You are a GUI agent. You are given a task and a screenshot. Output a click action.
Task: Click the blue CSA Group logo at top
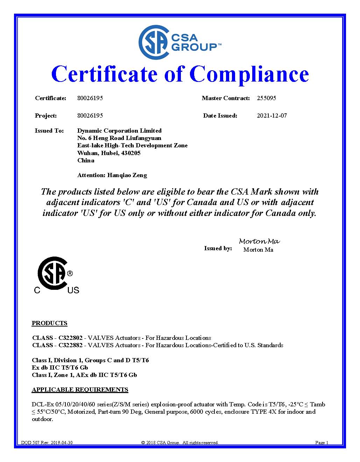(180, 42)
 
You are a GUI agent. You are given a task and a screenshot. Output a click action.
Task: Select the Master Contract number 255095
(266, 98)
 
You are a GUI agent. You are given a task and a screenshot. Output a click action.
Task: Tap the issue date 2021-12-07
(271, 116)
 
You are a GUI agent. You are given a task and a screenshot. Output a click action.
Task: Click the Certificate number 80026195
(90, 98)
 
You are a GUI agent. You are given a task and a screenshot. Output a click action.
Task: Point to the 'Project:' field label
(46, 116)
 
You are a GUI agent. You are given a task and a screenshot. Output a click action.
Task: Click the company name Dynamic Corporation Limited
(119, 131)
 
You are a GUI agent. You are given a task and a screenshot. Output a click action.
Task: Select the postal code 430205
(130, 153)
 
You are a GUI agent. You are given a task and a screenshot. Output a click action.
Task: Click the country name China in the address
(86, 160)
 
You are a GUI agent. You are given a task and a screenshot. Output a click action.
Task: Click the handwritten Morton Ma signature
(259, 241)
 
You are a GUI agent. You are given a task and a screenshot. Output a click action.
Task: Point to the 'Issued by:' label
(218, 248)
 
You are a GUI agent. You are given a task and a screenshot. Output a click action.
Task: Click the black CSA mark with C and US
(56, 275)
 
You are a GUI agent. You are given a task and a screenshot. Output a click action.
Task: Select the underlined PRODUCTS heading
(49, 323)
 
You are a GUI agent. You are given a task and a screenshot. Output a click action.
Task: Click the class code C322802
(70, 338)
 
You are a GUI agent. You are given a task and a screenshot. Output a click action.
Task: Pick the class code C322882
(70, 345)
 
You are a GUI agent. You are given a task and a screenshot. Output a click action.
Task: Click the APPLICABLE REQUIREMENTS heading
(80, 390)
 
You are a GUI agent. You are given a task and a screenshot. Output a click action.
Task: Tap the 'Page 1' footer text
(322, 443)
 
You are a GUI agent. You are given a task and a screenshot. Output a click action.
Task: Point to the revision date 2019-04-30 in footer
(62, 443)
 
